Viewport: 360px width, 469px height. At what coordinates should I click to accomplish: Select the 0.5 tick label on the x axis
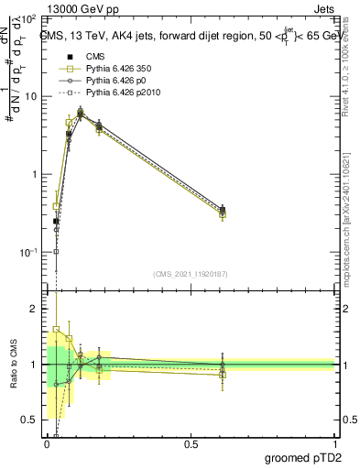(191, 445)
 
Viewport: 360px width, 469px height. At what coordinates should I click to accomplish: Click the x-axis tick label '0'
(48, 445)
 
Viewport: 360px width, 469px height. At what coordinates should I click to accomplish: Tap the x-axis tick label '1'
(334, 445)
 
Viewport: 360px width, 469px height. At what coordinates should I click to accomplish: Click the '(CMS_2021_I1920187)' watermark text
(191, 272)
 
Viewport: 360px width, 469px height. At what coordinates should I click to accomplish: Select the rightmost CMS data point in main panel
(223, 210)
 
